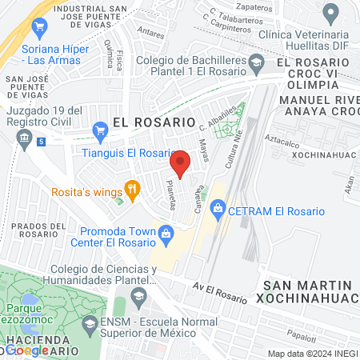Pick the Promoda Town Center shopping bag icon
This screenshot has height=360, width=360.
coord(166,234)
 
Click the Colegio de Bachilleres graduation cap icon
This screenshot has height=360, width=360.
coord(256,61)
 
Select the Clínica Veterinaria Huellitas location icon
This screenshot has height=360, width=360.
coord(330,13)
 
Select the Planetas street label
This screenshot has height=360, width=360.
coord(170,194)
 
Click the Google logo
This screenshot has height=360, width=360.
coord(26,350)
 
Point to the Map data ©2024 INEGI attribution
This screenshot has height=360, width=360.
coord(312,354)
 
